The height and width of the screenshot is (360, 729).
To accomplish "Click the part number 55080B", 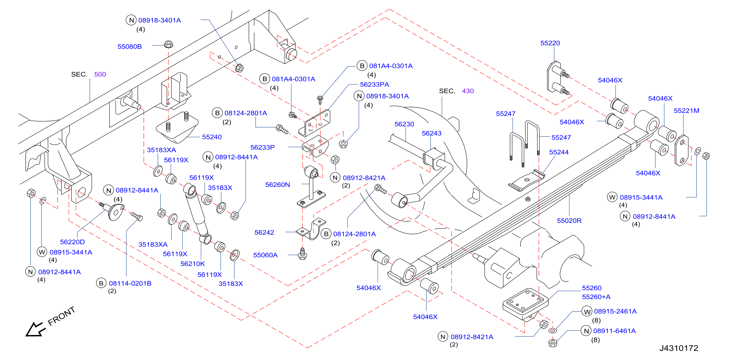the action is (130, 46).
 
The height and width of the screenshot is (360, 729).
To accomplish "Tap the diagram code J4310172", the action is (679, 348).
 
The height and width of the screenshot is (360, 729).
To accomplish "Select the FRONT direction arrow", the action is (35, 329).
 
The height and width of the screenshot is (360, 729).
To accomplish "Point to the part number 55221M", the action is (686, 111).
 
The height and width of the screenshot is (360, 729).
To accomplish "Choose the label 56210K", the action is (193, 264).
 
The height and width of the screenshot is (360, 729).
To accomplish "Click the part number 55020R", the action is (569, 221).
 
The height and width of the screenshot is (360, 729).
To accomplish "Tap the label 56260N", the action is (277, 185).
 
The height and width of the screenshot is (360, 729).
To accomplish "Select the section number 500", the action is (100, 74).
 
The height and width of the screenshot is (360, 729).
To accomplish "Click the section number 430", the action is (468, 91).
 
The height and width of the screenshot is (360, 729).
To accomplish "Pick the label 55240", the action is (212, 137).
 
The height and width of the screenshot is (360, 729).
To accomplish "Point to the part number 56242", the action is (264, 233).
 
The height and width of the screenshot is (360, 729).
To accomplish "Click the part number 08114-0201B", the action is (130, 283).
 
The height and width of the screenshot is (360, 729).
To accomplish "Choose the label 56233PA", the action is (374, 84).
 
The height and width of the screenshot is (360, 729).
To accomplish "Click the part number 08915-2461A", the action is (615, 311).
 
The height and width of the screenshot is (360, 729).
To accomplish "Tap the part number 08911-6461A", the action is (614, 331).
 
